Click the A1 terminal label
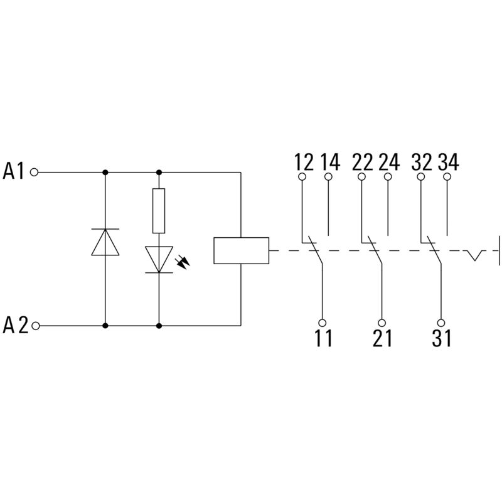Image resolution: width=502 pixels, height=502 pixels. [x=15, y=171]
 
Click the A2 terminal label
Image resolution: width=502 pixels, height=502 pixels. [x=15, y=326]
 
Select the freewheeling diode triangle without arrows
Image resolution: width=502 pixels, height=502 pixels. [x=105, y=243]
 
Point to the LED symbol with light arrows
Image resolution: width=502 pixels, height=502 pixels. [x=159, y=259]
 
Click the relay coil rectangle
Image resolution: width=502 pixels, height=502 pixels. [x=241, y=250]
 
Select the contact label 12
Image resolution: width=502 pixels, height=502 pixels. [x=304, y=162]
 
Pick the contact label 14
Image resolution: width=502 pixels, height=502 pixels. [x=329, y=162]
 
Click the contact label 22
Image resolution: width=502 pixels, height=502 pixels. [x=363, y=162]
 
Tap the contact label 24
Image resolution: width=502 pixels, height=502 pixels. [x=389, y=162]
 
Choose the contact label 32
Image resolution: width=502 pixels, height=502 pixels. [x=422, y=162]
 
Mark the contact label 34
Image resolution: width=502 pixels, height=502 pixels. [x=448, y=162]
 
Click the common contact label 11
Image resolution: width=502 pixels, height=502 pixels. [x=323, y=339]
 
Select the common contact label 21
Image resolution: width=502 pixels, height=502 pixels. [x=382, y=339]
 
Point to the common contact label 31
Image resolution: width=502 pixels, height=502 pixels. [x=441, y=339]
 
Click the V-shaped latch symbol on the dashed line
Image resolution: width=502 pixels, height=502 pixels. [x=474, y=255]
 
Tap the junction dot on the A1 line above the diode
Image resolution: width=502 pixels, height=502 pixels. [x=105, y=171]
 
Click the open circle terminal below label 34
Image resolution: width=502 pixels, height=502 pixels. [x=447, y=177]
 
